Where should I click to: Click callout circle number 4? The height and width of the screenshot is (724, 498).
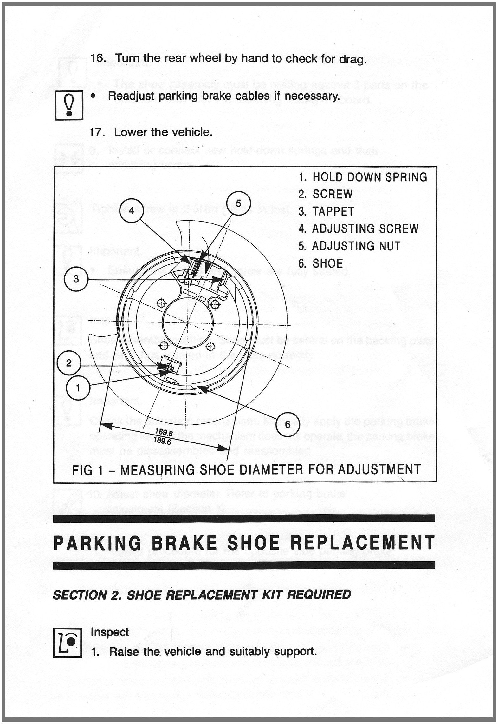tap(132, 210)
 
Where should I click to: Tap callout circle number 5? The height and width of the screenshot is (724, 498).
tap(239, 203)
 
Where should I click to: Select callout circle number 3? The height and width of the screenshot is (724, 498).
tap(76, 279)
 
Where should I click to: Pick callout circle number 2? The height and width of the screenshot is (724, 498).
tap(69, 363)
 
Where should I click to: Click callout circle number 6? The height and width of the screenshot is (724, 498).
tap(288, 424)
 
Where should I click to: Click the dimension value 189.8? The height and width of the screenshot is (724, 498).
tap(164, 433)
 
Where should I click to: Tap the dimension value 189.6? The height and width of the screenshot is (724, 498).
tap(162, 440)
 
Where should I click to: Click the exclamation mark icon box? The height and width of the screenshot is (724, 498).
tap(69, 105)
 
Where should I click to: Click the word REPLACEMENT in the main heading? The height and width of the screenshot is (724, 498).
tap(362, 542)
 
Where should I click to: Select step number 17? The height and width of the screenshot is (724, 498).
tap(97, 132)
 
